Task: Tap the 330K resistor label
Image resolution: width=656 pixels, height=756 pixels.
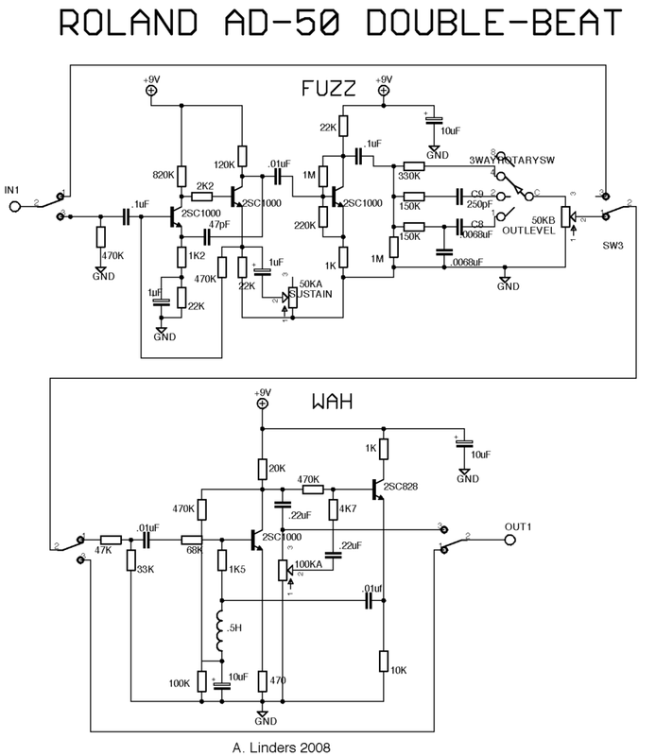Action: coord(411,176)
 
